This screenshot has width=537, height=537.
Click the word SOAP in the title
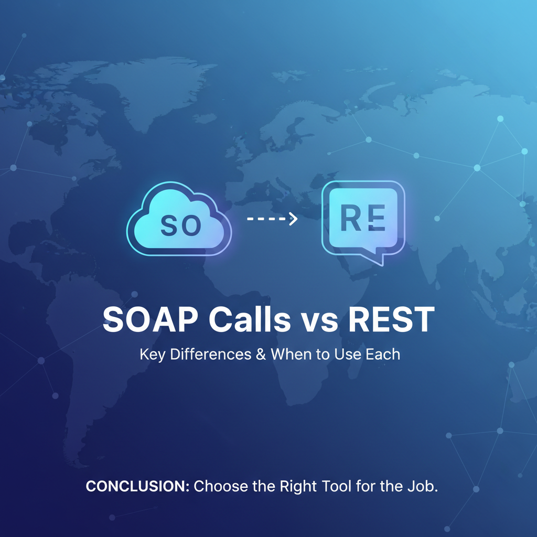[x=151, y=319]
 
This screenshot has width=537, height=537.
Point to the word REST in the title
[x=391, y=319]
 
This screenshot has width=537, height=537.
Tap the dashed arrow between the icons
[x=272, y=219]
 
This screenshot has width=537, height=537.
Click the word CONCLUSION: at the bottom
[x=137, y=486]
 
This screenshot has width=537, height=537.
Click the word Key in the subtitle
[x=153, y=355]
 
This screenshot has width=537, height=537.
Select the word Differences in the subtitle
[x=211, y=354]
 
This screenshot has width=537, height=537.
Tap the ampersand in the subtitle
[x=261, y=354]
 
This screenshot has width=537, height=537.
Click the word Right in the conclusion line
[x=298, y=487]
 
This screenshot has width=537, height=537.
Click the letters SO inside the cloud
[x=181, y=225]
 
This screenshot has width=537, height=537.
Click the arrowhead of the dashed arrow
[x=293, y=219]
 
